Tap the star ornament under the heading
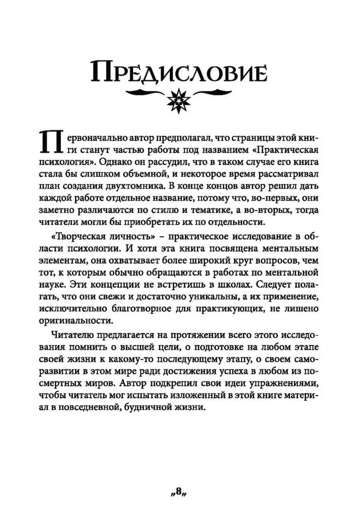click(179, 98)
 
